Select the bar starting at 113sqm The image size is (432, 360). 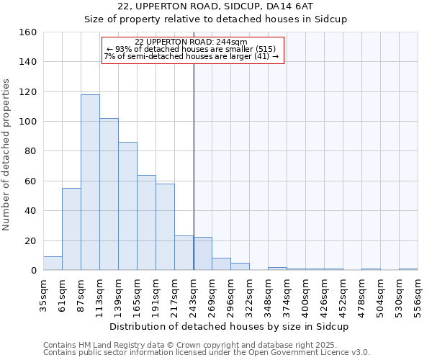click(x=109, y=194)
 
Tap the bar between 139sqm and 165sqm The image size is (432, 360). click(x=127, y=206)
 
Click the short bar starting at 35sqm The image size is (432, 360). click(x=53, y=264)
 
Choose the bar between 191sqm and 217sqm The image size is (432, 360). click(x=165, y=227)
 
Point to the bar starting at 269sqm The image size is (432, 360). click(x=221, y=264)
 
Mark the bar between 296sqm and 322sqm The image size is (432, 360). click(x=240, y=266)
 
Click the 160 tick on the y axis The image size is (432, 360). click(x=28, y=32)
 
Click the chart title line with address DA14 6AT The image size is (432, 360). click(x=216, y=6)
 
